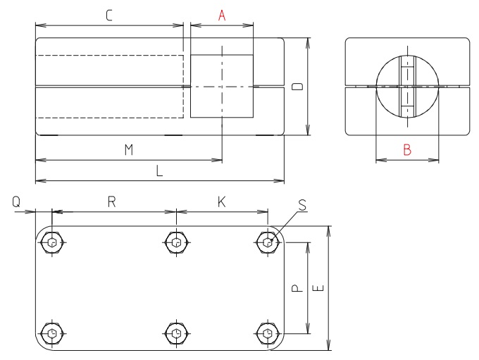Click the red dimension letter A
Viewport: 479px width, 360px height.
(222, 15)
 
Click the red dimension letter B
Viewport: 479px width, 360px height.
(407, 149)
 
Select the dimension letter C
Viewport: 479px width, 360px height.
(108, 15)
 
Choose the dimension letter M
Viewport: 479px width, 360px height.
(128, 149)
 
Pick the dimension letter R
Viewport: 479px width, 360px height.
(112, 201)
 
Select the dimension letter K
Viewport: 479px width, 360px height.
(221, 201)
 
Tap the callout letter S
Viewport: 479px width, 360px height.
(302, 204)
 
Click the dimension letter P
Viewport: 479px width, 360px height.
(297, 288)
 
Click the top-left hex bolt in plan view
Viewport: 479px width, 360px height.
(52, 242)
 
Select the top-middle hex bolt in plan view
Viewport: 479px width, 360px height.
(176, 242)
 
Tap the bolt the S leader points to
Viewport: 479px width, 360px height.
(267, 242)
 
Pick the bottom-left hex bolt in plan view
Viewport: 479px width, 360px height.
(52, 333)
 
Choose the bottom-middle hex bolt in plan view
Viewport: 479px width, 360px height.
(176, 333)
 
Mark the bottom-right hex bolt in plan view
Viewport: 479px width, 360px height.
(267, 333)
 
